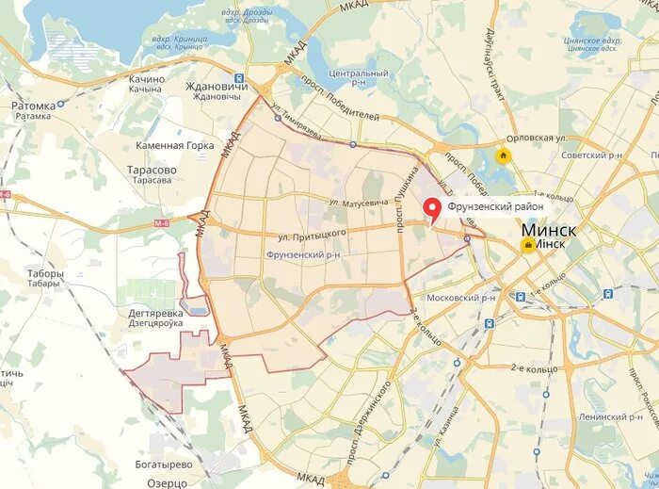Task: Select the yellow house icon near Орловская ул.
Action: pyautogui.click(x=504, y=156)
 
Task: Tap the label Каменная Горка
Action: pyautogui.click(x=173, y=145)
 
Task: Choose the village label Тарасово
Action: pyautogui.click(x=151, y=171)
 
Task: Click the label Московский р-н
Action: pyautogui.click(x=460, y=298)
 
